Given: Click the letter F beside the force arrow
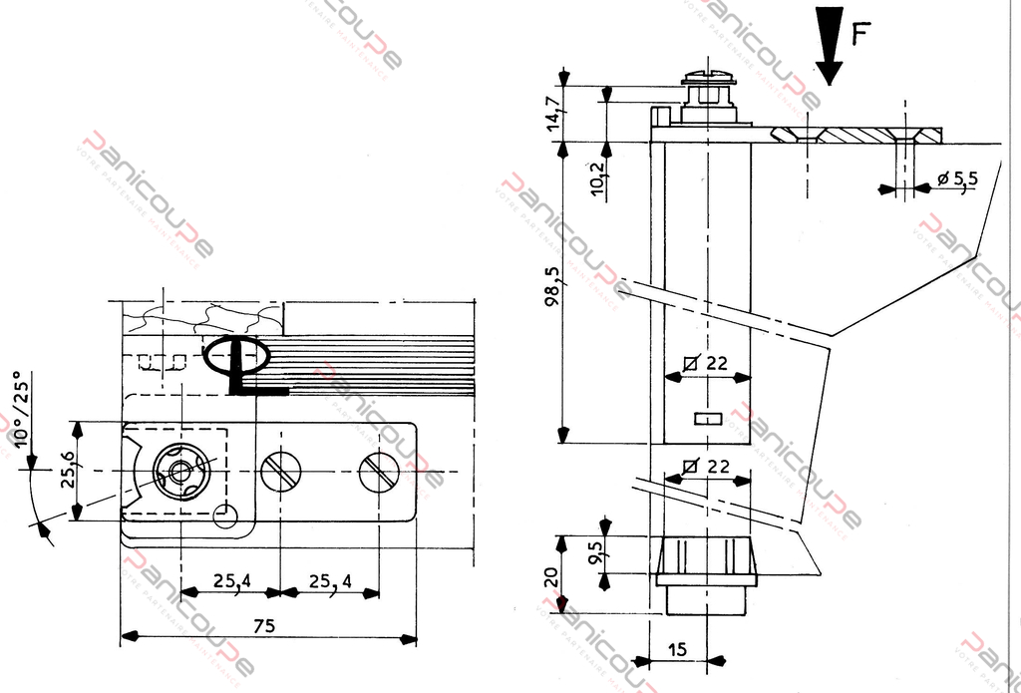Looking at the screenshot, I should click(x=862, y=37).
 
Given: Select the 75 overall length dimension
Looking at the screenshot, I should click(x=263, y=626).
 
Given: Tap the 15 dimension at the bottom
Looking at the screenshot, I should click(x=677, y=649).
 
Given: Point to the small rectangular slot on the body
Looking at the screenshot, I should click(x=707, y=419).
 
